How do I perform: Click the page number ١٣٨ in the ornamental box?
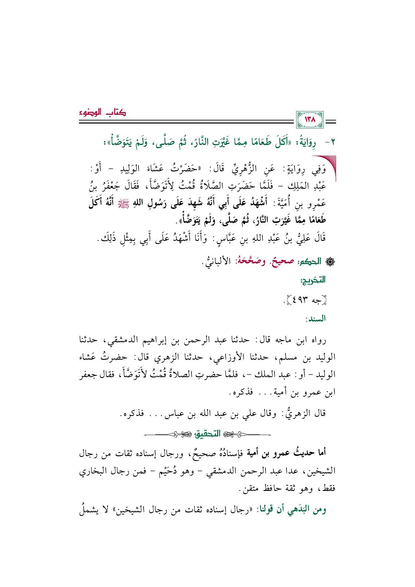point(310,119)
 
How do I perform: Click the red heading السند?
point(315,319)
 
